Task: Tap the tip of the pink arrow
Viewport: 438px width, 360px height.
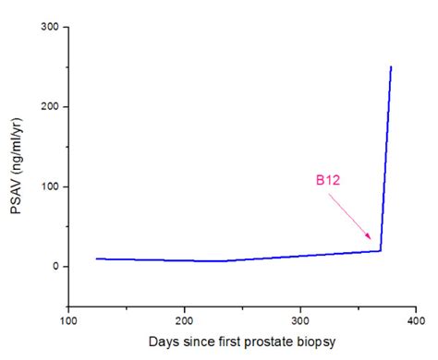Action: pyautogui.click(x=373, y=243)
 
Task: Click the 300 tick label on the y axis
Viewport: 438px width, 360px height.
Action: pyautogui.click(x=52, y=28)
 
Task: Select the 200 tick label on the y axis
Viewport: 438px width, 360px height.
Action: pyautogui.click(x=52, y=107)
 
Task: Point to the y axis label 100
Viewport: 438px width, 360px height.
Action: pyautogui.click(x=52, y=187)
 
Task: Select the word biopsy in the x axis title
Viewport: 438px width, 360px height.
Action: pyautogui.click(x=316, y=342)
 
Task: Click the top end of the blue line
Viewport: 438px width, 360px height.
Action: pyautogui.click(x=391, y=67)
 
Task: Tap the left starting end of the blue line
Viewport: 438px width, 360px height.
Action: pyautogui.click(x=97, y=258)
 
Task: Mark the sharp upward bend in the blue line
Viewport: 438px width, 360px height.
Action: pyautogui.click(x=380, y=250)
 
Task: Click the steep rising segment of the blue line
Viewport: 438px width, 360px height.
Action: pyautogui.click(x=385, y=157)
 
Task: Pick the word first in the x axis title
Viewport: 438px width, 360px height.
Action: pyautogui.click(x=226, y=342)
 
